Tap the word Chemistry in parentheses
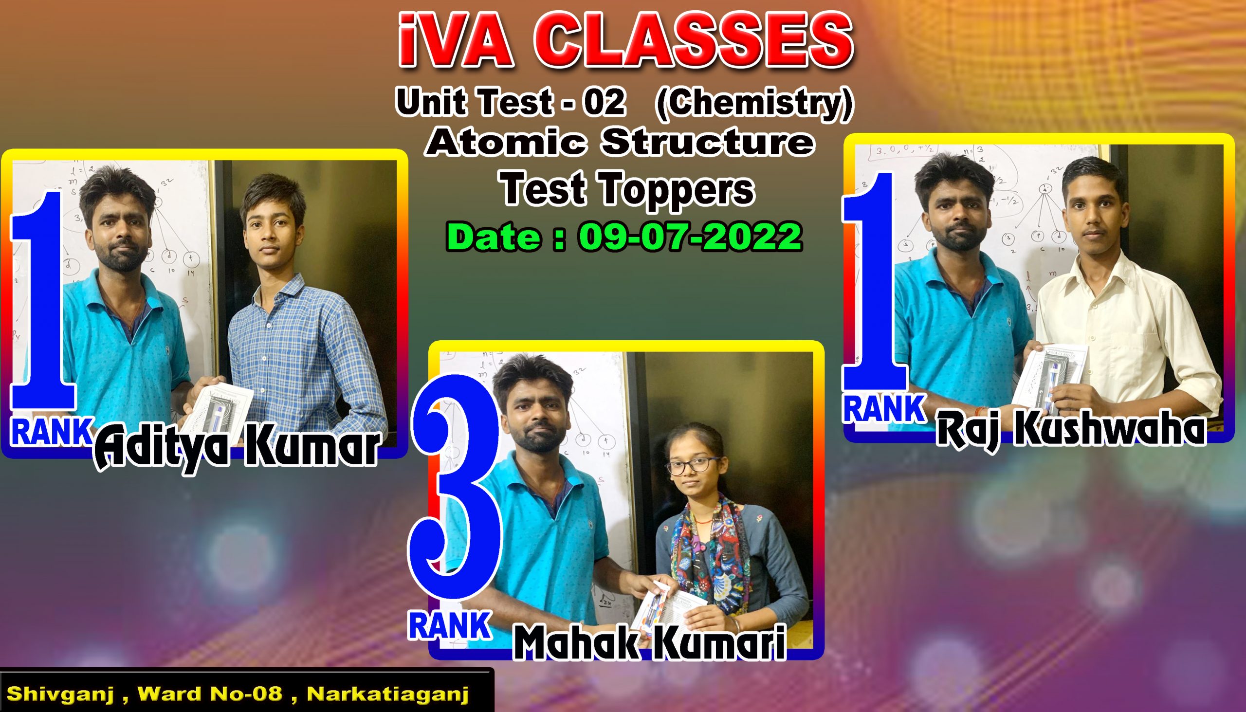pos(754,103)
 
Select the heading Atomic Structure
pos(620,142)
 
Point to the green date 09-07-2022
pos(691,237)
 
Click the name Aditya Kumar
pos(237,446)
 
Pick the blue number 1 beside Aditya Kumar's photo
pos(43,299)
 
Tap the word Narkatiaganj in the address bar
pos(388,694)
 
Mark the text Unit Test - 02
pos(511,102)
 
